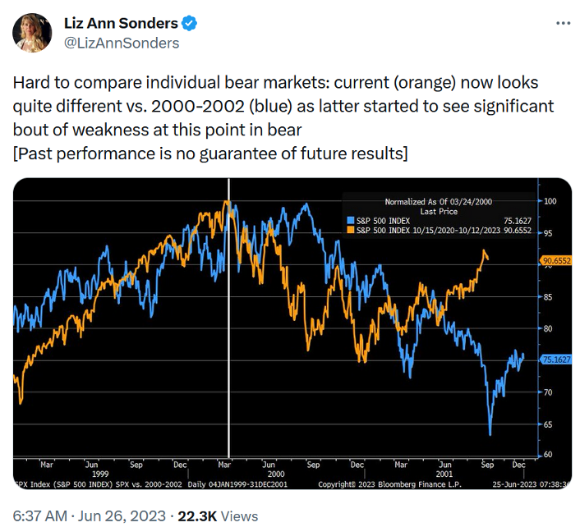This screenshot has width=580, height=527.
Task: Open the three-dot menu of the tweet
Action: click(562, 23)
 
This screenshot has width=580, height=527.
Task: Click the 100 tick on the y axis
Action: click(550, 201)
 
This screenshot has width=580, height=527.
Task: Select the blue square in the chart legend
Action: click(349, 220)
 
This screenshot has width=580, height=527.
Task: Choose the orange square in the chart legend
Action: click(349, 230)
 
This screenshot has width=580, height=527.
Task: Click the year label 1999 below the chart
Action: click(98, 474)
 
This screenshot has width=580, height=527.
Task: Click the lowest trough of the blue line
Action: click(490, 434)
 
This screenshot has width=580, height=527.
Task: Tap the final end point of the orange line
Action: click(488, 259)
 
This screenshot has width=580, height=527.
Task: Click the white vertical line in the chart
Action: click(229, 328)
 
